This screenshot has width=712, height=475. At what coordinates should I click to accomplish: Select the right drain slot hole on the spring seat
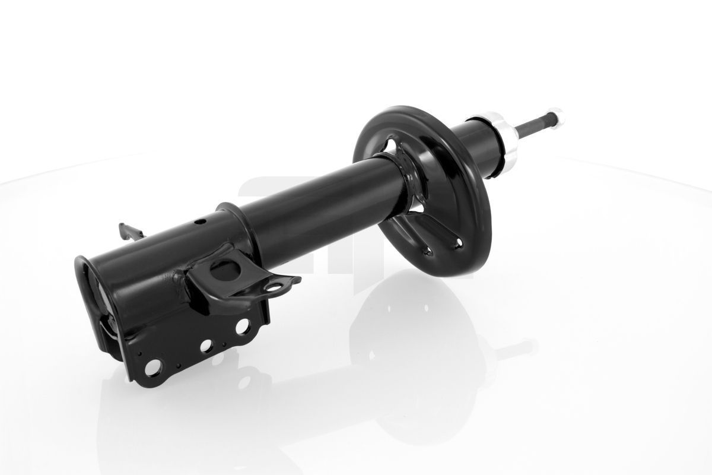click(x=457, y=240)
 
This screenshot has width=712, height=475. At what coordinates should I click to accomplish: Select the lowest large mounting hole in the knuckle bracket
click(x=152, y=368)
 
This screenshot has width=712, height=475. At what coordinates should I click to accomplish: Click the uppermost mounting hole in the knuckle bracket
click(x=242, y=326)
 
